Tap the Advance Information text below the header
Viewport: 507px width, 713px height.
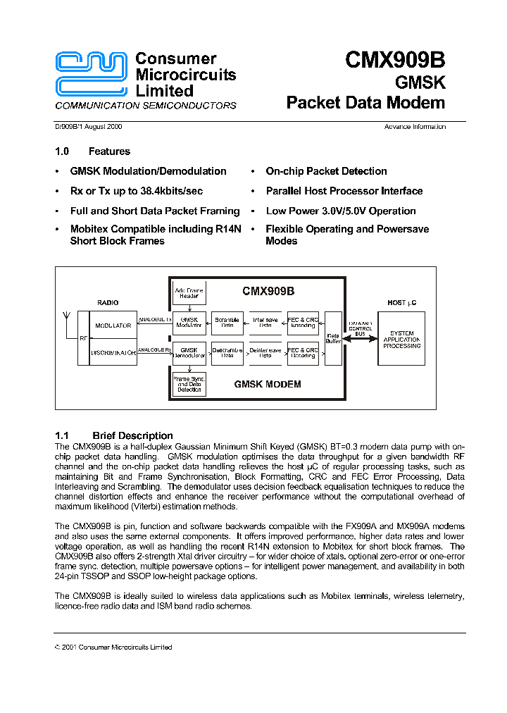415,127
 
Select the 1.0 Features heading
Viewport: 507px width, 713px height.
92,151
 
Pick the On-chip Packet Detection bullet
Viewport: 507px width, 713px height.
326,171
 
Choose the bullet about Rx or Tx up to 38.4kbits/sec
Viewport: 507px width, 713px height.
136,191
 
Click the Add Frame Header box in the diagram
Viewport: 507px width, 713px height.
189,292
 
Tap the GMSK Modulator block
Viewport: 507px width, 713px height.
189,323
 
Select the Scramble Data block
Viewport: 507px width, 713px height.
227,323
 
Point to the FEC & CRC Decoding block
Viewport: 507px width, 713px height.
303,352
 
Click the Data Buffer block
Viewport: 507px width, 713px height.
333,338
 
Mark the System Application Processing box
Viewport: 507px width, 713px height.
402,339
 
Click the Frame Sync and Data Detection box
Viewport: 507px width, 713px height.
189,384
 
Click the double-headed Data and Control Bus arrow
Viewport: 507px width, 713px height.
360,337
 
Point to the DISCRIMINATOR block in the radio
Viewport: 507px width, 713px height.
113,352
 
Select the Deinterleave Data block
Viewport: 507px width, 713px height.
265,352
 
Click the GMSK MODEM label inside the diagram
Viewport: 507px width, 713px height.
268,384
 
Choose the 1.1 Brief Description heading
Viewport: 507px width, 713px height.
114,435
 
